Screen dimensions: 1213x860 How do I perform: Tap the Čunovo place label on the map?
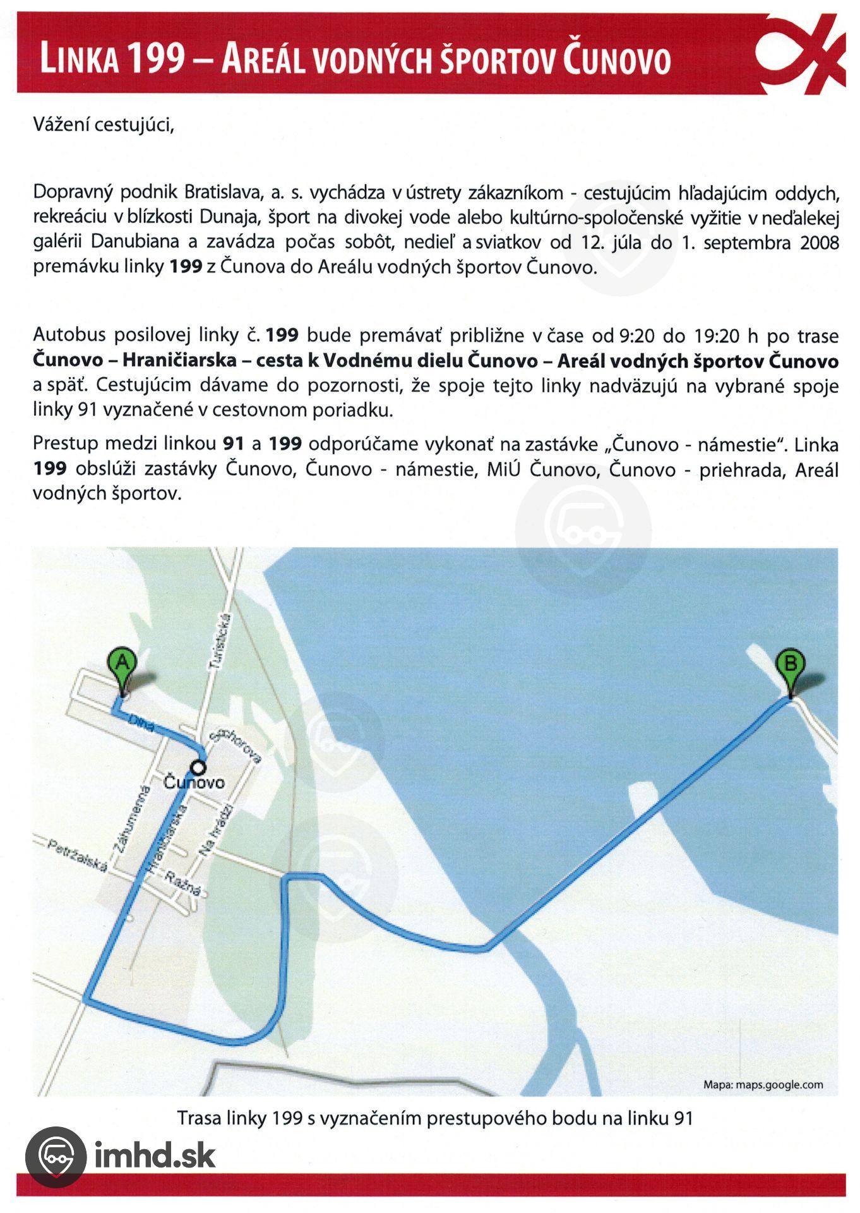(194, 782)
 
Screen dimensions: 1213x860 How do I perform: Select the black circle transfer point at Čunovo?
(199, 767)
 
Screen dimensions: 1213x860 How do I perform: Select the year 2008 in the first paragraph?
(819, 243)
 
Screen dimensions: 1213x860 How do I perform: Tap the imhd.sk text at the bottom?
(155, 1155)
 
